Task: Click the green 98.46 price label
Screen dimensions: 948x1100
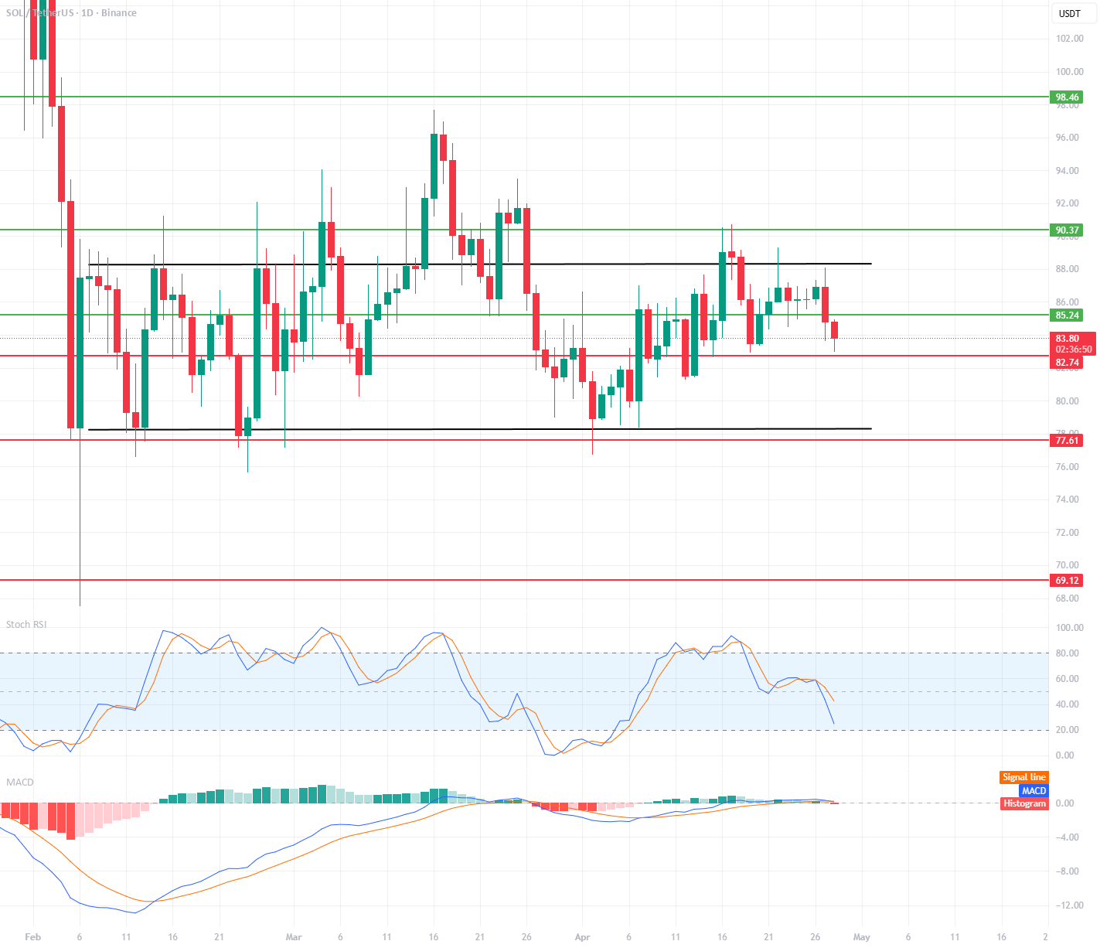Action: click(1067, 97)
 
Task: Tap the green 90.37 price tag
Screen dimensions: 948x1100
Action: click(1067, 230)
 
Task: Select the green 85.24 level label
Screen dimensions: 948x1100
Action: click(1067, 315)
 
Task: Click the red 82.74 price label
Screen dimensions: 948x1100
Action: click(1067, 363)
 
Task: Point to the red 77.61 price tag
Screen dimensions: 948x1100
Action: click(1067, 441)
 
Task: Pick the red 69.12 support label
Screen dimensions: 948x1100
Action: click(1067, 581)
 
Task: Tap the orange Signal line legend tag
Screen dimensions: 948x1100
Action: click(1023, 777)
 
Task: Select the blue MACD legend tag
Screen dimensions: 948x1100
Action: click(1033, 790)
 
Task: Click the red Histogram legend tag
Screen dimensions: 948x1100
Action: click(1024, 803)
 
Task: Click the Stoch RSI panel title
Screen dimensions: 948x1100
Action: click(26, 625)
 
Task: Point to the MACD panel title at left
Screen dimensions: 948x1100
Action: click(20, 783)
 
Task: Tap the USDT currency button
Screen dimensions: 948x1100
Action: click(1070, 14)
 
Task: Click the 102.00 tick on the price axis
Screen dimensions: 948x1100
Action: click(1069, 39)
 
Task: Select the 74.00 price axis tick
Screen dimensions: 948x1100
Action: click(1068, 500)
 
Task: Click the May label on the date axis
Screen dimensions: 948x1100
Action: click(861, 937)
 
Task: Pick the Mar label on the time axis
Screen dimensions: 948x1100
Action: click(294, 937)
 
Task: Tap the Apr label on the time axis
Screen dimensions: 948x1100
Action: click(582, 937)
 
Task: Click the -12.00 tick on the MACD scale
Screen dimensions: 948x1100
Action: click(1067, 905)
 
